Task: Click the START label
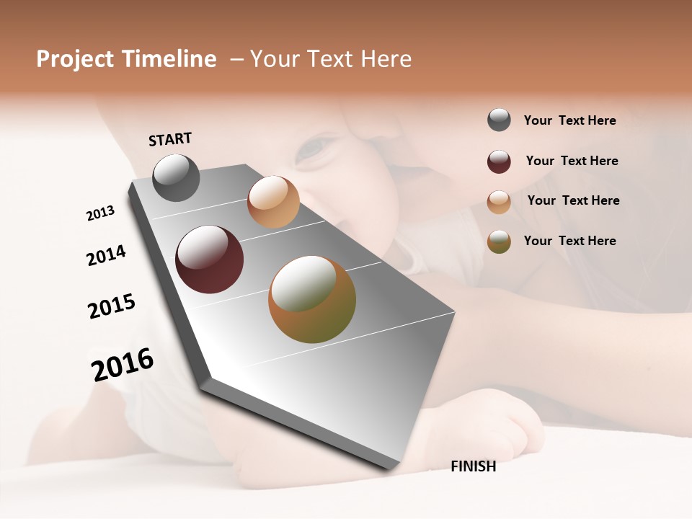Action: (170, 139)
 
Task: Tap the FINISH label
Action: (474, 466)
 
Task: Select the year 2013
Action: (100, 213)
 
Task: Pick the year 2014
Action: (106, 255)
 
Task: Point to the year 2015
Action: (112, 306)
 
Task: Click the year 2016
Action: (123, 364)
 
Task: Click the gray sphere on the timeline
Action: (177, 177)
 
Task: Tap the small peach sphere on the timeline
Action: (273, 202)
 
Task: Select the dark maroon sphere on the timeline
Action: (210, 259)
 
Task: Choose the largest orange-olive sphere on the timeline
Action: (312, 299)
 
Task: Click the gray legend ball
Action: (499, 120)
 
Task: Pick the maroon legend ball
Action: (499, 161)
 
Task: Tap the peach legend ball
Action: (499, 202)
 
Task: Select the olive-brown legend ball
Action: (499, 241)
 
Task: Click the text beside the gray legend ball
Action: (569, 120)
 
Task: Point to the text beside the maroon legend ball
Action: (572, 161)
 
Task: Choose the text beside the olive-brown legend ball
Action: (569, 241)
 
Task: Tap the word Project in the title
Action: (75, 59)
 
